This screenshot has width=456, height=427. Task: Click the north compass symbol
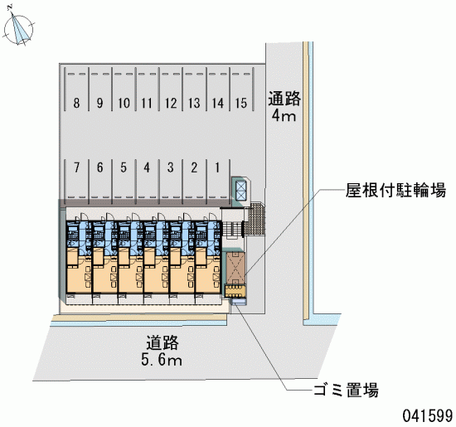[x=18, y=28]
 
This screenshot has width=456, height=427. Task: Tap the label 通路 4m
[x=284, y=106]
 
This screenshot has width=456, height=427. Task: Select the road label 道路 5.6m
[x=162, y=351]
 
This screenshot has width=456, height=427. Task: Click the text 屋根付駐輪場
[x=395, y=191]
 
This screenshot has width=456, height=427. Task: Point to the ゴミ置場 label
[x=346, y=390]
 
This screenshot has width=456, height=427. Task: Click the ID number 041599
[x=428, y=415]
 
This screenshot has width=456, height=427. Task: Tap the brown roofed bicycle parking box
[x=235, y=268]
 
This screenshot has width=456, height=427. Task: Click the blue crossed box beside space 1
[x=240, y=191]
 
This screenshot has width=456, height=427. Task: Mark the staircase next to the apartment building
[x=233, y=229]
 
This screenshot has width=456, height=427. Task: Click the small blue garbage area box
[x=239, y=302]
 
